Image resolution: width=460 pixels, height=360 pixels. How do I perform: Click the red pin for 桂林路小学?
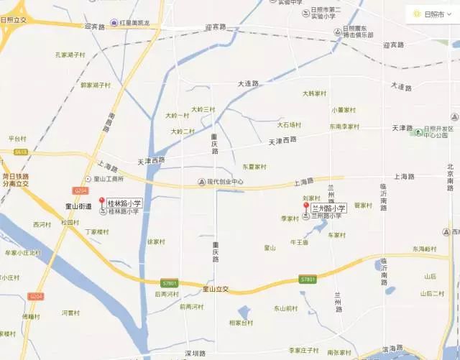click(101, 203)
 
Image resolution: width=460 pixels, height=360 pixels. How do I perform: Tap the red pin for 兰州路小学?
click(305, 207)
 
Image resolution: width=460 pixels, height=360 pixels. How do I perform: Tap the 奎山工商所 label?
click(109, 179)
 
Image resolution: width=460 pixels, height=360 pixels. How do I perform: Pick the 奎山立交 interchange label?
click(214, 289)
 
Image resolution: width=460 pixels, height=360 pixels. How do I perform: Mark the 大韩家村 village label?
click(314, 93)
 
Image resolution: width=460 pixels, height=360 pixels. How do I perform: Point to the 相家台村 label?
click(241, 323)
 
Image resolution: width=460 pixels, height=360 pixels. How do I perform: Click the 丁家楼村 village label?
click(97, 232)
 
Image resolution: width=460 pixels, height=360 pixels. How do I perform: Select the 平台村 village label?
click(16, 138)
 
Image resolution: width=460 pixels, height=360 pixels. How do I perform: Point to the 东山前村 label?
click(285, 308)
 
